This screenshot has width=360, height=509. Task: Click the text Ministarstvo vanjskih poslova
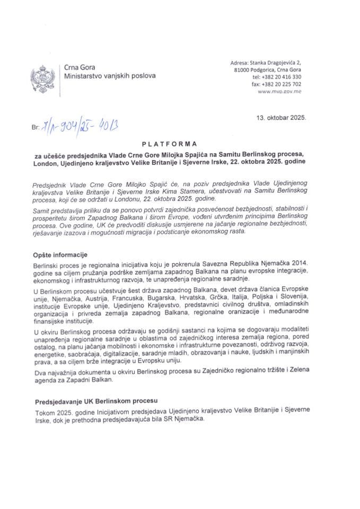tap(110, 76)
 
